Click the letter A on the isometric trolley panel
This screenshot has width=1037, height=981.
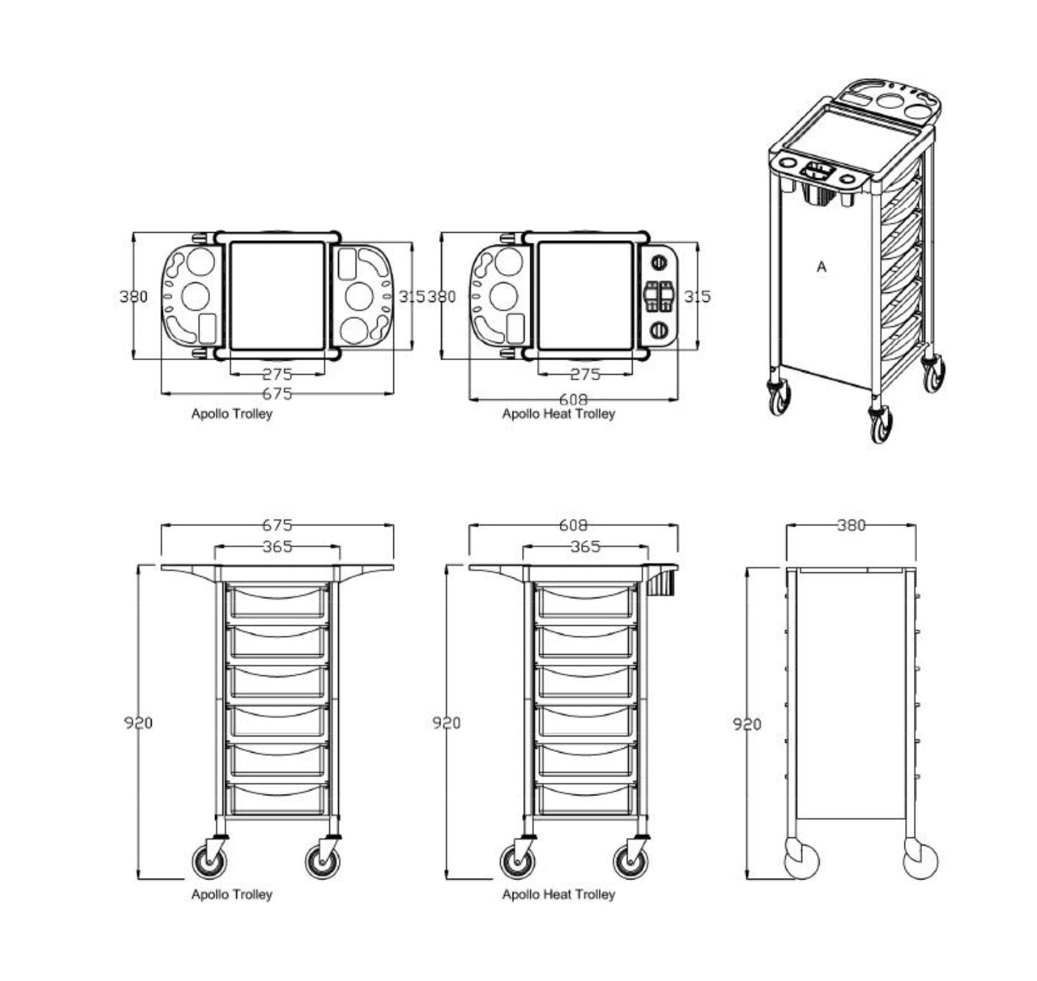(x=821, y=267)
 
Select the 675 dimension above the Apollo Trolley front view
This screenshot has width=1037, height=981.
(x=277, y=524)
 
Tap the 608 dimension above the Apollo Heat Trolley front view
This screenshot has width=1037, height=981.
(x=573, y=524)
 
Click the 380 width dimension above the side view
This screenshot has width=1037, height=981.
(x=851, y=524)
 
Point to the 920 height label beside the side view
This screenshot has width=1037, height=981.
(x=747, y=724)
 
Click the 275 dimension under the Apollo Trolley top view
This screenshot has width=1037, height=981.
(x=277, y=374)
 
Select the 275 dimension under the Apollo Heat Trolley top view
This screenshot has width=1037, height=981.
(x=586, y=374)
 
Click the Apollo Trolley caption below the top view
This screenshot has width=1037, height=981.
(x=231, y=414)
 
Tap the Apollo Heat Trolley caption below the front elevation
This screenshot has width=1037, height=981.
(x=558, y=894)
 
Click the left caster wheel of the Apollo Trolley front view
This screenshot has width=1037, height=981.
(x=208, y=861)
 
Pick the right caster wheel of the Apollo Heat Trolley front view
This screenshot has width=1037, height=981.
(x=631, y=861)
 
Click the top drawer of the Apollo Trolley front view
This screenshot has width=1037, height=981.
(x=277, y=601)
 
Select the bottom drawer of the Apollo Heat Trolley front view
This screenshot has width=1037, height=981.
(x=586, y=798)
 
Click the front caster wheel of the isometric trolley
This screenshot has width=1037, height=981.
(x=881, y=424)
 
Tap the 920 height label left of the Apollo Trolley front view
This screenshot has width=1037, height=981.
(x=138, y=722)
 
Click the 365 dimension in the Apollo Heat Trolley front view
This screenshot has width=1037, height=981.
(x=586, y=546)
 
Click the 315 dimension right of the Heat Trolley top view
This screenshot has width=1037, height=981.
(x=697, y=296)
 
